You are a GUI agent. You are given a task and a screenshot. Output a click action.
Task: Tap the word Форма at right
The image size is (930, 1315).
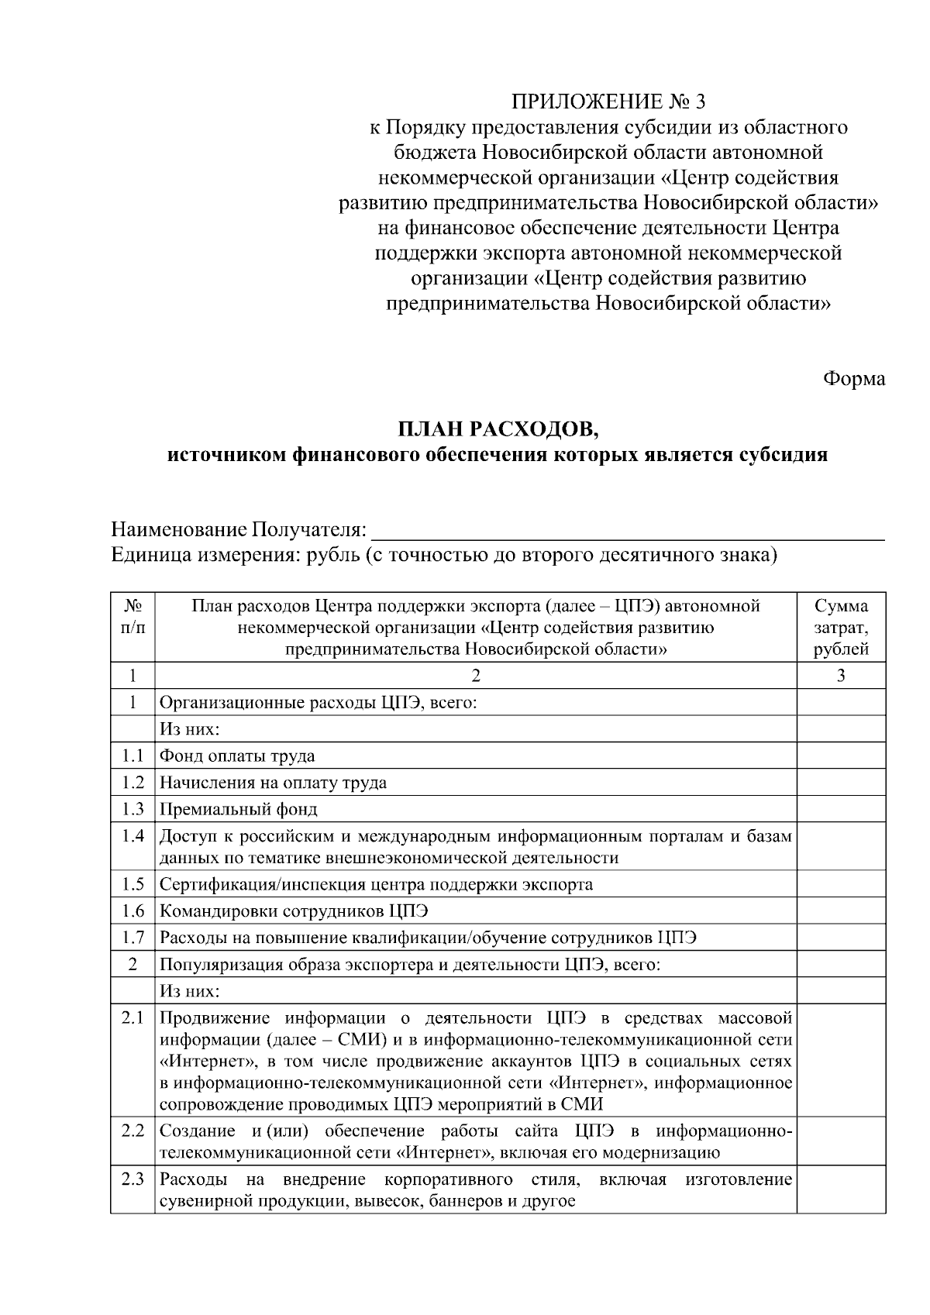coord(853,379)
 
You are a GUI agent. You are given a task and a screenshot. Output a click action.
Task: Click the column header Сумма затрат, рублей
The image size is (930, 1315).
coord(841,628)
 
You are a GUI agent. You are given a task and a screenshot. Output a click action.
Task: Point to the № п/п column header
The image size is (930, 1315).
coord(133,617)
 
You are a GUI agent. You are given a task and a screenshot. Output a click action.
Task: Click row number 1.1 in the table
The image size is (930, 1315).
coord(133,756)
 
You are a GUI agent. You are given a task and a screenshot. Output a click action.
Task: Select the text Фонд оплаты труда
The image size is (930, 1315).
coord(237,756)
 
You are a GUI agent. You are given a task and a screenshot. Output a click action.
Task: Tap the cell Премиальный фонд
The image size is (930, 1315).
coord(239,810)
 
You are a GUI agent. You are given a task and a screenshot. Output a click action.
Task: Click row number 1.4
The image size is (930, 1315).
coord(133,837)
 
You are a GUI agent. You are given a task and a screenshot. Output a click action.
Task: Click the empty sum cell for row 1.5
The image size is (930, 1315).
coord(841,884)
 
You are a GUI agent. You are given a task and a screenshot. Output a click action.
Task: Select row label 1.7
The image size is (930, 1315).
coord(133,938)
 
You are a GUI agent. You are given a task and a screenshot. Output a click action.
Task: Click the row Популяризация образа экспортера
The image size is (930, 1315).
coord(410,966)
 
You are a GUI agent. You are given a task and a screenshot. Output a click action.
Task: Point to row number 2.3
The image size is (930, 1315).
coord(133,1180)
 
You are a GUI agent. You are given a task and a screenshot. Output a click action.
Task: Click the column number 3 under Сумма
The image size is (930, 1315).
coord(841,676)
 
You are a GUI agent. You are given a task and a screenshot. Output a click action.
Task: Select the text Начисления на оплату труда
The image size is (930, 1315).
coord(273,783)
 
